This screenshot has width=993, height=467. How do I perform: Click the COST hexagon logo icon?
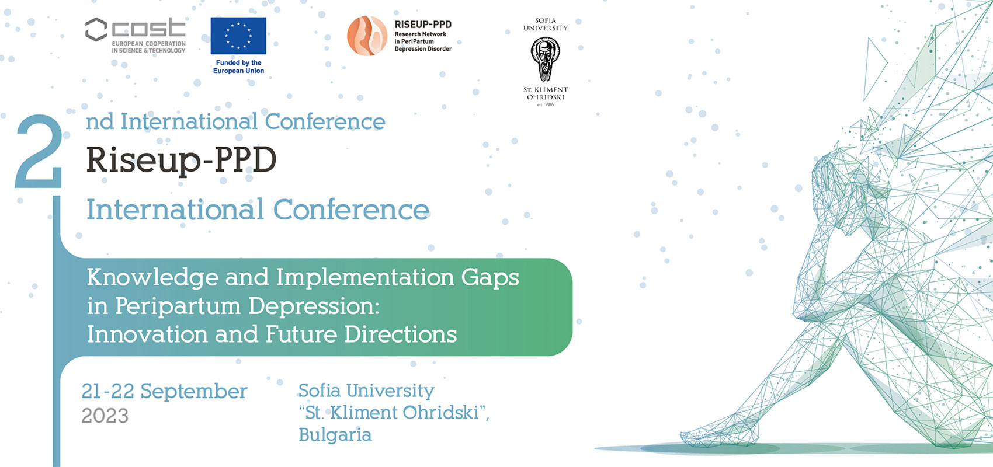click(x=96, y=30)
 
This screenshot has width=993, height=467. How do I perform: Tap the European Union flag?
click(x=238, y=36)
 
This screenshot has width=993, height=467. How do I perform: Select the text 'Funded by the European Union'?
click(x=238, y=67)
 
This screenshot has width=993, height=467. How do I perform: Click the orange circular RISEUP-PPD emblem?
click(x=367, y=36)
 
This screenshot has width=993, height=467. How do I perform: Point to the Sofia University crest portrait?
click(x=545, y=59)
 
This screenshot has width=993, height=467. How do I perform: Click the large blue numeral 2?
click(x=39, y=152)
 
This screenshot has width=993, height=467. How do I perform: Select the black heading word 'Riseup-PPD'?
click(x=181, y=161)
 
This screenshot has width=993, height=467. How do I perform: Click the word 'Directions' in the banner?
click(x=400, y=334)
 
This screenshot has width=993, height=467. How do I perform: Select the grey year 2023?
click(x=105, y=416)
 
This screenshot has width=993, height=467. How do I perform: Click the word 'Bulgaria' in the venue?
click(x=335, y=435)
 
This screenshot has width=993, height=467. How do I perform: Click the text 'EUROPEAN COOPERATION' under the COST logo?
click(x=148, y=44)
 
